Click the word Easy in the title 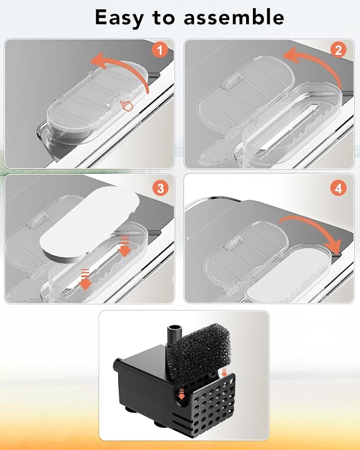click(119, 17)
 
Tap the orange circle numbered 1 click(160, 50)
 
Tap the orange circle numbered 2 click(338, 50)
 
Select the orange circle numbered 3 click(161, 189)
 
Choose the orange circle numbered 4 click(338, 189)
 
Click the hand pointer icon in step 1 click(127, 105)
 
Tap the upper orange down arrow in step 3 click(125, 246)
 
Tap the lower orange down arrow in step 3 click(85, 280)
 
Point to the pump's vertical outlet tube click(174, 337)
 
